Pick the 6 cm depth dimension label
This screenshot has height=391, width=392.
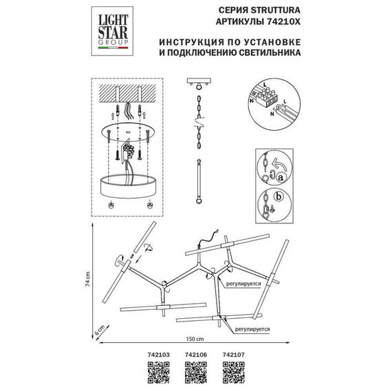pos(99,328)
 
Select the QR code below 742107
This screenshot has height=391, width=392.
pos(234,373)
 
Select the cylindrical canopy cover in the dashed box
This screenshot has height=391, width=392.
pos(126,185)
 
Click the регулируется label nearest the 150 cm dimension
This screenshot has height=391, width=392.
pos(250,329)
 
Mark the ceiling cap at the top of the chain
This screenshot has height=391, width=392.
pos(199,84)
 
